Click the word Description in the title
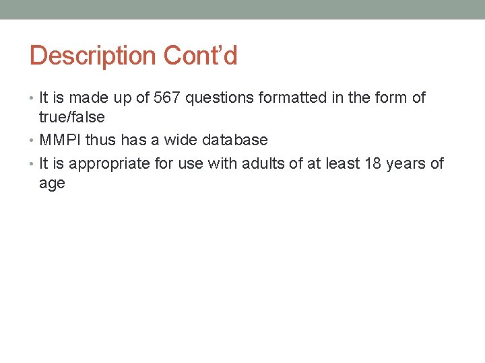click(92, 56)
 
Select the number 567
click(167, 98)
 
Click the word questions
click(216, 98)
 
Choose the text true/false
click(72, 118)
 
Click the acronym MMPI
click(61, 140)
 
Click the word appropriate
click(107, 163)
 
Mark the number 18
click(373, 163)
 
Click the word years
click(407, 163)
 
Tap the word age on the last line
click(52, 184)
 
